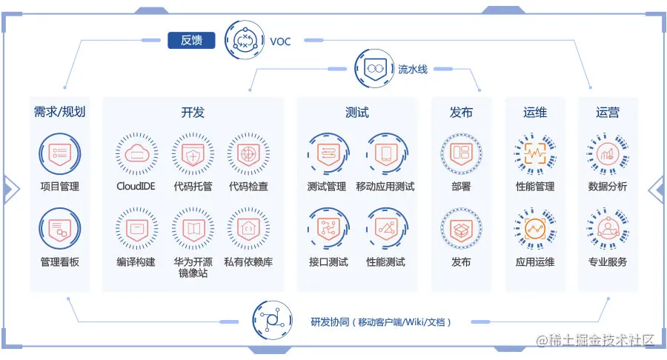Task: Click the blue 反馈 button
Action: [x=191, y=40]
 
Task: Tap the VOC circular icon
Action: [x=245, y=40]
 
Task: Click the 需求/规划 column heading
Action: [x=59, y=113]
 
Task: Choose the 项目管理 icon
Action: [x=59, y=153]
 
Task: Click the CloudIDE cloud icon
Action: [x=136, y=153]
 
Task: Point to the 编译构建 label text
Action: [x=136, y=262]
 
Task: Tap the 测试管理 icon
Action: [x=327, y=153]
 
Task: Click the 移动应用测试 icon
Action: [x=385, y=153]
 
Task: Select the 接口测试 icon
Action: [x=327, y=229]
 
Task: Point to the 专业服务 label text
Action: [x=608, y=262]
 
